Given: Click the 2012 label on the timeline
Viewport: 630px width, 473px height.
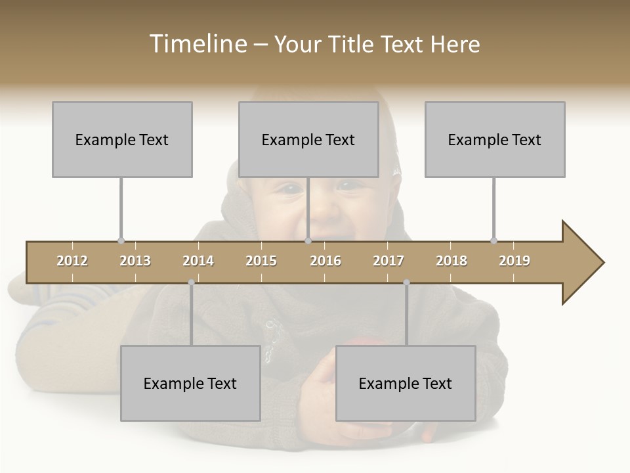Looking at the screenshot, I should (72, 261).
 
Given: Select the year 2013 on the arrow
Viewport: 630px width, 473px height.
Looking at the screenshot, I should (135, 261).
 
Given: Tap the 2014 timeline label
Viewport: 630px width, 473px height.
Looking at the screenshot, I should (198, 261).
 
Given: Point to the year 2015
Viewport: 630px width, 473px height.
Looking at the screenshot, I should (261, 261).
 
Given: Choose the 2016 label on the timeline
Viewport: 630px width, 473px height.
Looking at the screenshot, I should (325, 261).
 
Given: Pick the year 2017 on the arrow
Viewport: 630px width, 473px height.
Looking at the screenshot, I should (388, 261).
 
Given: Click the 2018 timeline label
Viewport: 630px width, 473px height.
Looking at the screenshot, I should (451, 261).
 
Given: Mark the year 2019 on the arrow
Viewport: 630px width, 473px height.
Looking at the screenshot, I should (514, 261).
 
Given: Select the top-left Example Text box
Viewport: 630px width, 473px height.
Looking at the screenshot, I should (122, 139).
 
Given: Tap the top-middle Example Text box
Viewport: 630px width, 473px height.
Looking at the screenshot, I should (308, 139).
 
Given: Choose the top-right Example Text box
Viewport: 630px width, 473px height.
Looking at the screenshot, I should (495, 139).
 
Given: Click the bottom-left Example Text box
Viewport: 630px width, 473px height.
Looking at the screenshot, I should (190, 383).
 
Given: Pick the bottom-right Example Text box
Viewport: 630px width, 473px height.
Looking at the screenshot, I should (406, 383).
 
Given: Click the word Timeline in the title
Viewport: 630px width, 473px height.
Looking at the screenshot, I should (197, 44).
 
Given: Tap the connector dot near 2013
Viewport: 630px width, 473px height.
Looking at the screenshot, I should (121, 240).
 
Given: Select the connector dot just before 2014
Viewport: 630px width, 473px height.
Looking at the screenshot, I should (191, 282).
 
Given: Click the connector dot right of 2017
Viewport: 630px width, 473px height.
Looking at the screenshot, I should (406, 282).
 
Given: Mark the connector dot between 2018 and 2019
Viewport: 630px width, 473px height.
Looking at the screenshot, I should (493, 240).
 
